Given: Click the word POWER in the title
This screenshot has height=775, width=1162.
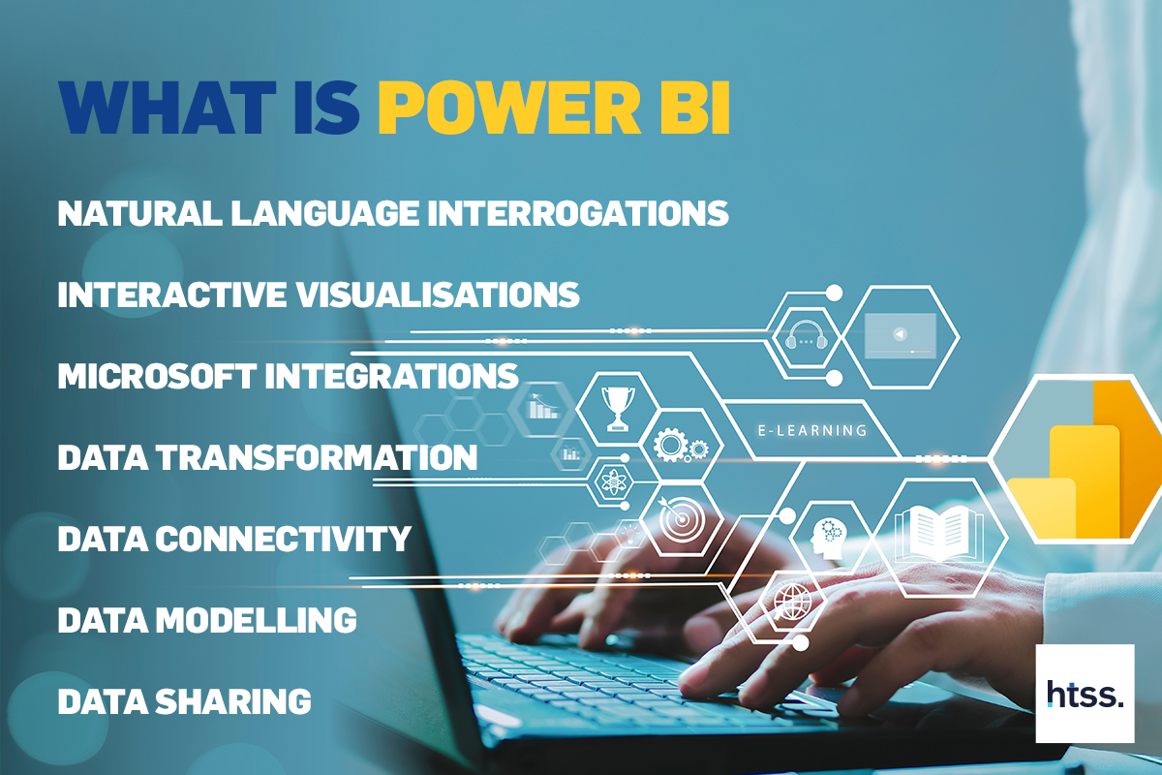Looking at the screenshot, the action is (x=509, y=108).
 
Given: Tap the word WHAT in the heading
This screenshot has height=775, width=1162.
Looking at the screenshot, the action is (x=167, y=108).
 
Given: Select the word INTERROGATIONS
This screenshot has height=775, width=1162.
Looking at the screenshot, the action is (x=578, y=213).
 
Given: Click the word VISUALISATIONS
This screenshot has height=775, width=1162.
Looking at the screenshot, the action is (x=438, y=294).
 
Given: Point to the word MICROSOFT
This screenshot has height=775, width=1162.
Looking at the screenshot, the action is (x=157, y=376).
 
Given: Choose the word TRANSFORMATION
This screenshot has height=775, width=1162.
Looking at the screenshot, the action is (x=317, y=457).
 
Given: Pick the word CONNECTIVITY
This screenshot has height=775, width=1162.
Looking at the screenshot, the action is (x=283, y=539).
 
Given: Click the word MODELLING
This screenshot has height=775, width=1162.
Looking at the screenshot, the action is (x=257, y=620).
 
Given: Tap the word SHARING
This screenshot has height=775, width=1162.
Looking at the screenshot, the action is (x=233, y=701).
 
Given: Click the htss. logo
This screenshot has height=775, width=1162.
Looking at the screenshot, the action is (x=1085, y=693).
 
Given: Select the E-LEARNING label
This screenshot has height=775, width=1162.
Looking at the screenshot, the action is (x=812, y=430).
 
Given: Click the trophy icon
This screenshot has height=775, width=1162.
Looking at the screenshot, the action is (x=618, y=409).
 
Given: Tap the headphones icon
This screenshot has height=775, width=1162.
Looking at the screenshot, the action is (x=806, y=335).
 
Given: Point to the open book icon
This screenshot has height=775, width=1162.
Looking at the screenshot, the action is (x=939, y=534).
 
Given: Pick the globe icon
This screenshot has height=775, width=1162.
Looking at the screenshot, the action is (x=790, y=601).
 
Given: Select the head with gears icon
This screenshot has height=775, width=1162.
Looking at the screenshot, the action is (x=829, y=539).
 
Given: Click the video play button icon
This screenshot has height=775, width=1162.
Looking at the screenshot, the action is (x=901, y=334).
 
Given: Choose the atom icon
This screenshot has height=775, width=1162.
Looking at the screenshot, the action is (x=614, y=482).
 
